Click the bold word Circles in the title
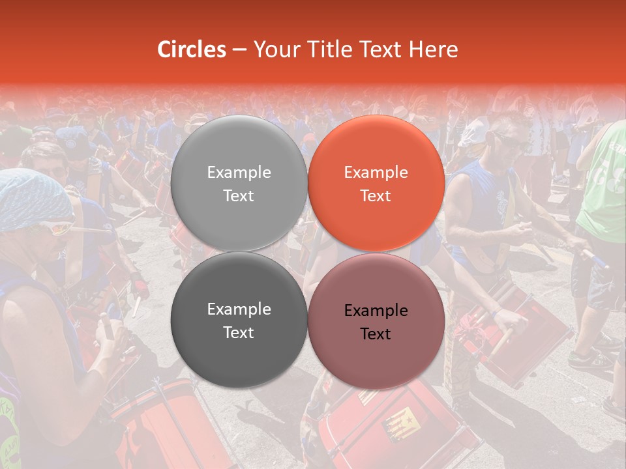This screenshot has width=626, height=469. pos(192,50)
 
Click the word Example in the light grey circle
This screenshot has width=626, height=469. pos(239,173)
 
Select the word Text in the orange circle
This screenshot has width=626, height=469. pos(376,196)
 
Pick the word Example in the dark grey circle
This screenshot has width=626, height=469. pos(239,309)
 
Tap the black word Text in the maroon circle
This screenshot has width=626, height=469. pos(376,334)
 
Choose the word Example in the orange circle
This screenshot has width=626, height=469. pos(376,173)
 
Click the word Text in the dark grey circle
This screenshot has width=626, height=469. pos(239,333)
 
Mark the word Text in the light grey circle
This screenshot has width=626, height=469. pos(239,196)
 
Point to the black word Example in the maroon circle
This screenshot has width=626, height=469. pos(376,311)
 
